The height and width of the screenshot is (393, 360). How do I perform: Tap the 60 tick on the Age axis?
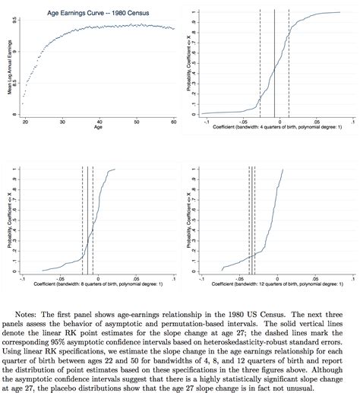coord(173,122)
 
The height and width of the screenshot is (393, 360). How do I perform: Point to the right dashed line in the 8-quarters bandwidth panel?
coord(93,220)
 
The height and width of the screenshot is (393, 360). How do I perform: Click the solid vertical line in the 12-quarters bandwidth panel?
coord(251,220)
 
